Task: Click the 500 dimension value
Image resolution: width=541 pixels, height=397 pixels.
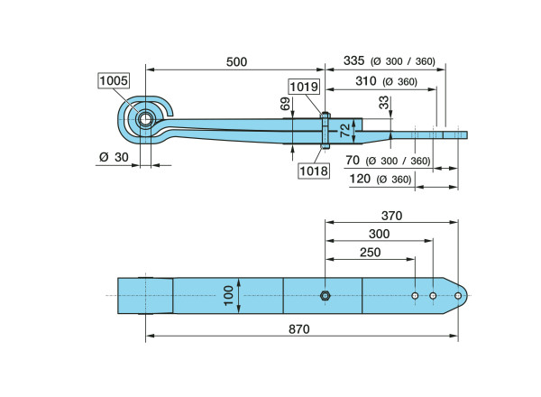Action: [236, 61]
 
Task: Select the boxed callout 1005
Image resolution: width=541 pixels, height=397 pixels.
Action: [114, 81]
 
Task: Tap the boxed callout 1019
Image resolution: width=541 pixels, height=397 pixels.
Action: [303, 87]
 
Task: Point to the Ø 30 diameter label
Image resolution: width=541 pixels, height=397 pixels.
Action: [111, 157]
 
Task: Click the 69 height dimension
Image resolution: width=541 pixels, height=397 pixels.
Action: [286, 106]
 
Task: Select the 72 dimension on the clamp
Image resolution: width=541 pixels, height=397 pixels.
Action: [343, 132]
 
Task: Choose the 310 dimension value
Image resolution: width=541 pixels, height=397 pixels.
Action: [365, 81]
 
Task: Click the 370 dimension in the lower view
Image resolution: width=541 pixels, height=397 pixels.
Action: [391, 216]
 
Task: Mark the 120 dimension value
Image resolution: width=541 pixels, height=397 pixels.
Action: [362, 179]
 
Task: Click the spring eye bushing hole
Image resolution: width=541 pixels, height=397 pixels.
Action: [146, 119]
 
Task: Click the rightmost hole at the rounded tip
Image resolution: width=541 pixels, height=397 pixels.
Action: [457, 295]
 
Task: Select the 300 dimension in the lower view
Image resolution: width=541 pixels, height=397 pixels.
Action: [379, 234]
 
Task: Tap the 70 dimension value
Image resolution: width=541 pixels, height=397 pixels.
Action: [353, 161]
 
